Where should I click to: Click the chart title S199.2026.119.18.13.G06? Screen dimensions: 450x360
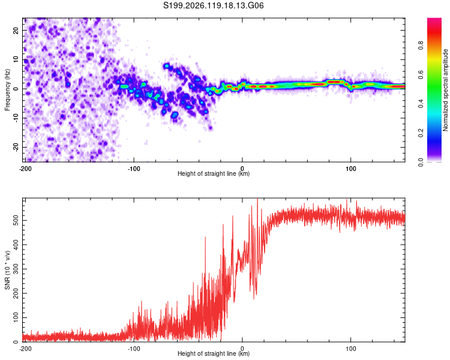(213, 5)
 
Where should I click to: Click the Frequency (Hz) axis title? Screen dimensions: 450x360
(7, 90)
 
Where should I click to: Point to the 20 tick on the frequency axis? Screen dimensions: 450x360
(16, 30)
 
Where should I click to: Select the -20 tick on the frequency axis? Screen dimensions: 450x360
(16, 148)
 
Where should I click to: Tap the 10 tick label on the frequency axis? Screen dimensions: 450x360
(16, 59)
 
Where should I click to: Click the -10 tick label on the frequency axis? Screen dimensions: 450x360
(16, 118)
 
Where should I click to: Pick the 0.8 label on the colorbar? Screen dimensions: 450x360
(421, 45)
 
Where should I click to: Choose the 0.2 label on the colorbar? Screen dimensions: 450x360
(421, 133)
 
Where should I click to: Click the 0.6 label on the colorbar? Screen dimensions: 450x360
(421, 74)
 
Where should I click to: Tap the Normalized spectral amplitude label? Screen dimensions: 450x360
(445, 90)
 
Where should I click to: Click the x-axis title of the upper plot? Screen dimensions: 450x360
(214, 173)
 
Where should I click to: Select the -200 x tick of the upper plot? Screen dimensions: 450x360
(25, 169)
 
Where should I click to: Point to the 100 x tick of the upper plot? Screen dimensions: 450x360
(351, 169)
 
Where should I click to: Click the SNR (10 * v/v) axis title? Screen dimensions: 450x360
(7, 270)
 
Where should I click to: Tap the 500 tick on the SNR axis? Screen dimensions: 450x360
(16, 220)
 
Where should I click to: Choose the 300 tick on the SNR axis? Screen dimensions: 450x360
(16, 269)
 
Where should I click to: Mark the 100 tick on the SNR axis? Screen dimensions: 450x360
(16, 317)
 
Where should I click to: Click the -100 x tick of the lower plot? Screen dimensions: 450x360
(134, 349)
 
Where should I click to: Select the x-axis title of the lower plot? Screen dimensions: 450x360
(214, 353)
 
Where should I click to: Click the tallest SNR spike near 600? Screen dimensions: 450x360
(257, 199)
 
